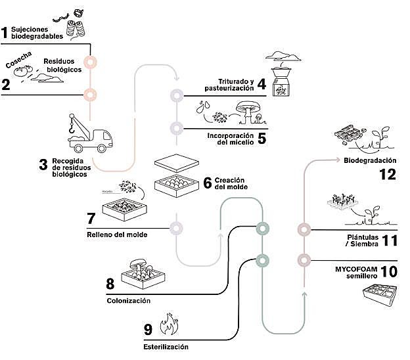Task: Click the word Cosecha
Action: (x=20, y=62)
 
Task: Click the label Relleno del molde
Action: (x=118, y=234)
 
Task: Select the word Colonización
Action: (x=129, y=301)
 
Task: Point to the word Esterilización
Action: (x=166, y=346)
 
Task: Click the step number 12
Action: (x=388, y=174)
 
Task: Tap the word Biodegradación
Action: (x=370, y=160)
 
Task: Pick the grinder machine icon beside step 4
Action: (x=281, y=81)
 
